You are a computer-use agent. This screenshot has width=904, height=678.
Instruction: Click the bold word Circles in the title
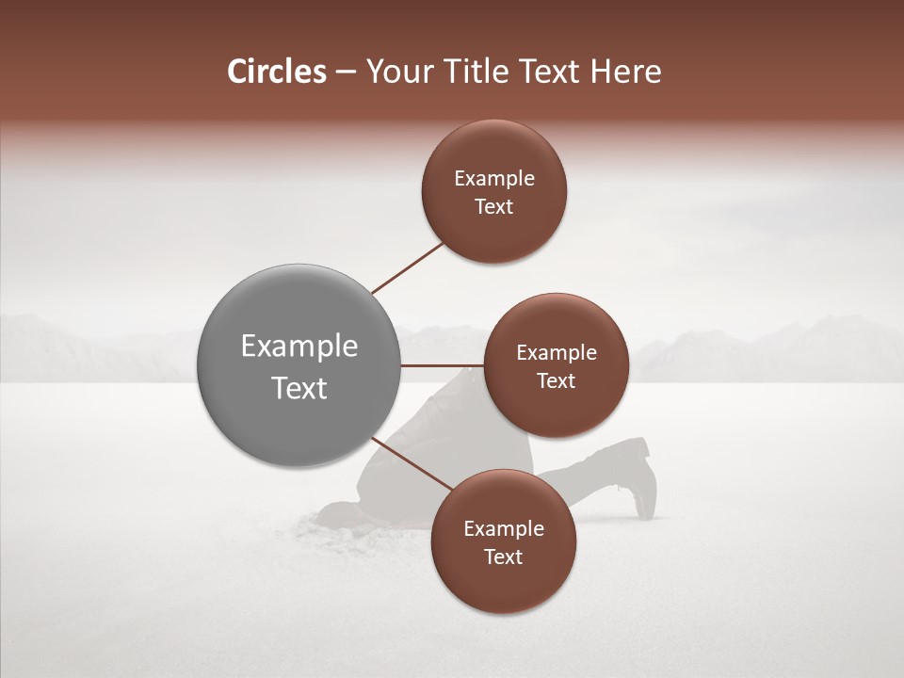276,72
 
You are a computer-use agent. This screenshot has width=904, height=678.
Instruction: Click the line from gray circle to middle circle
443,365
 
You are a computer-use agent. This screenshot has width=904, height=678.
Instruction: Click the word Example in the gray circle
299,347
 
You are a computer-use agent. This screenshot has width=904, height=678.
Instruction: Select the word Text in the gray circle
299,388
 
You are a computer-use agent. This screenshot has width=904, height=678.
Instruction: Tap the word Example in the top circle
494,179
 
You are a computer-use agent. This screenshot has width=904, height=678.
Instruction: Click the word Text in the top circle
494,207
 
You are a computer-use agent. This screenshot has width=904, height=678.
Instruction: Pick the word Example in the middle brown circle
557,353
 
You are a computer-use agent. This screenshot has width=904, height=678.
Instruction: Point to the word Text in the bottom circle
503,557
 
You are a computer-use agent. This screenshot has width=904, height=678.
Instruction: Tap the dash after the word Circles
345,73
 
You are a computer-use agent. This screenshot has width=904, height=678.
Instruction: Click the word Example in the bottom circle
503,529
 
